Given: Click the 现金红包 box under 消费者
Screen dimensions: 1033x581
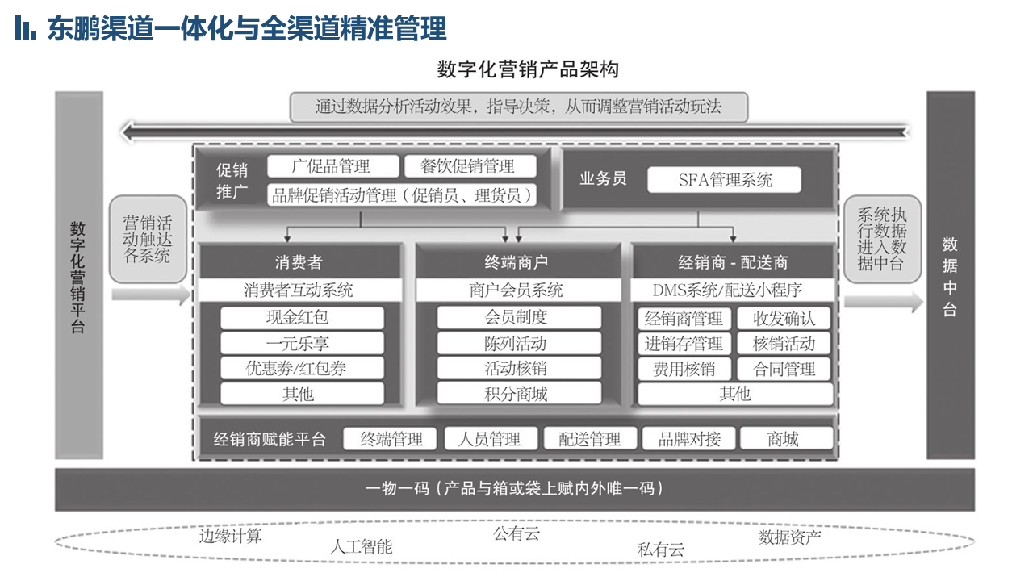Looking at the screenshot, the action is [302, 318].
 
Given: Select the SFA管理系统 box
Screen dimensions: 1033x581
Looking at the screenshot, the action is [724, 180].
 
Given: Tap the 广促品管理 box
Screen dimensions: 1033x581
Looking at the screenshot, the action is [333, 166].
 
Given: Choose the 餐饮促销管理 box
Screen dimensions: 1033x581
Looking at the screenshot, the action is [470, 166].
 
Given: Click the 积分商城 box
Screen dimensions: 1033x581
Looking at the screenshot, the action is [519, 394].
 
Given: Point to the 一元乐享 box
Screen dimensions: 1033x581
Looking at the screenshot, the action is [302, 344].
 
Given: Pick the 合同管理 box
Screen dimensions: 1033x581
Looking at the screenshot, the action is [784, 370].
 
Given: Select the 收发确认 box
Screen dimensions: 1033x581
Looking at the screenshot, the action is [784, 319].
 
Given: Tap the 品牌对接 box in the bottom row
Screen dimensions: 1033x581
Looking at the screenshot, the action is [689, 438].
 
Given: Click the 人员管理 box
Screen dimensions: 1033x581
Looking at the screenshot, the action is [491, 438].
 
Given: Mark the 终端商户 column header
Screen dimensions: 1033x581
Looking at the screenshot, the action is [518, 262].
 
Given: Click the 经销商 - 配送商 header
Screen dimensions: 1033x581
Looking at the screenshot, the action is [733, 262].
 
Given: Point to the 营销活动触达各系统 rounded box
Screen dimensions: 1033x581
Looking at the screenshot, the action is [148, 239].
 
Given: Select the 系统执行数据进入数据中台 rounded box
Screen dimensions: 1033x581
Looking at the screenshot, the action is [882, 239].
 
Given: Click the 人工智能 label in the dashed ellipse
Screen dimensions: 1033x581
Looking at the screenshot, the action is [361, 547].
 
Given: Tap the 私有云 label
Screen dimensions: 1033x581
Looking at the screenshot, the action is [660, 550].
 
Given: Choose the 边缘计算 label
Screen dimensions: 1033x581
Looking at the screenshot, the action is [230, 537].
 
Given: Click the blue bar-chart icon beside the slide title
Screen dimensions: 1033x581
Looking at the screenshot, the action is [25, 27].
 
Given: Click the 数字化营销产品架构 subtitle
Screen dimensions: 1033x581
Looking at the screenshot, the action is [528, 69].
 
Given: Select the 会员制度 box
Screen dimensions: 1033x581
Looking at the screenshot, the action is [519, 317].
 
